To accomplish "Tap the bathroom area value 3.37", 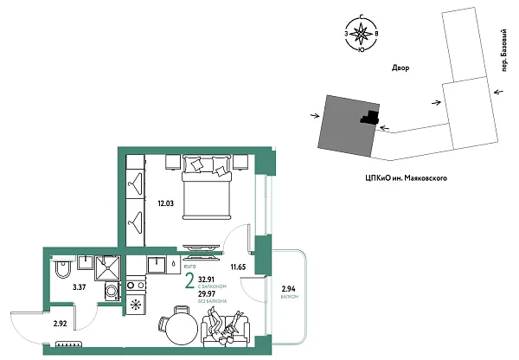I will pyautogui.click(x=77, y=286).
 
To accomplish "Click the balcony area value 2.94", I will pyautogui.click(x=288, y=289).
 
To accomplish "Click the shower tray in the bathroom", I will pyautogui.click(x=111, y=267).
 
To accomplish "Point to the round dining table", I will pyautogui.click(x=179, y=328).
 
